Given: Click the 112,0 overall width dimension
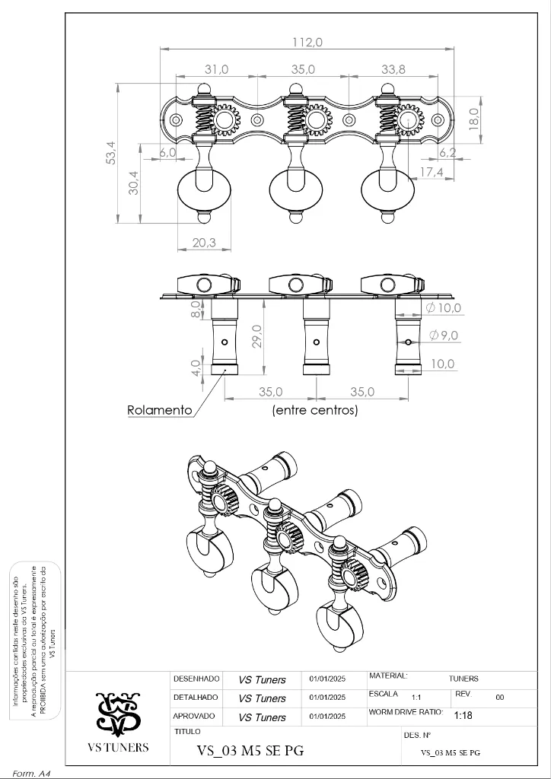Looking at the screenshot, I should tap(307, 43).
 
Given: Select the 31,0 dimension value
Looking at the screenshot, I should tap(217, 69).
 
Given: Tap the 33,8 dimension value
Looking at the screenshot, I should tap(393, 69).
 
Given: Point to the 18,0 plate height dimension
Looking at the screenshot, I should tap(473, 118).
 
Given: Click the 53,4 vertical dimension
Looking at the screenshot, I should tap(111, 153).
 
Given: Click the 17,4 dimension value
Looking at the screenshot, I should tap(431, 173).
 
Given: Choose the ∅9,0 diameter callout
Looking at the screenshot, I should tap(444, 335).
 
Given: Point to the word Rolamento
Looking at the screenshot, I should tap(160, 410).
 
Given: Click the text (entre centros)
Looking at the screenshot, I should tap(314, 410).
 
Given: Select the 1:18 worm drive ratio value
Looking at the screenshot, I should tap(463, 716).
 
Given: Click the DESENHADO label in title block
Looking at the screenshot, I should tap(196, 679).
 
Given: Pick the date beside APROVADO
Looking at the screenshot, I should tap(327, 716).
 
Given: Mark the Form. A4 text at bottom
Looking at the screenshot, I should tap(31, 773).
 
